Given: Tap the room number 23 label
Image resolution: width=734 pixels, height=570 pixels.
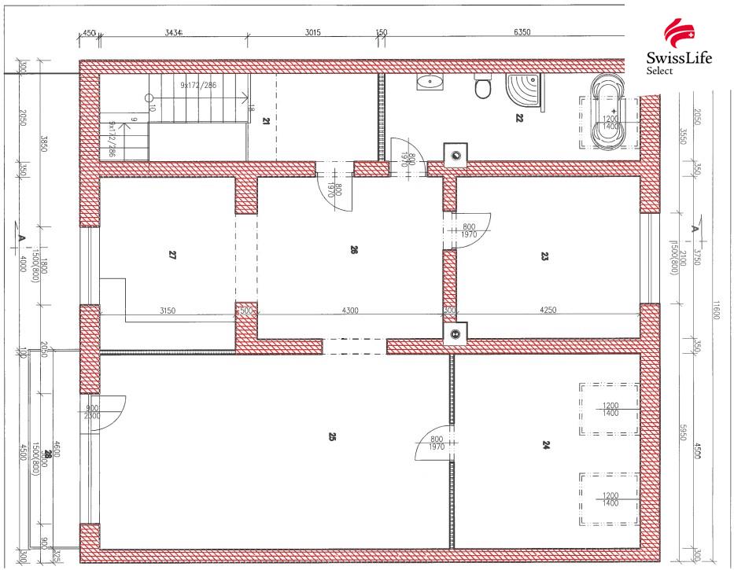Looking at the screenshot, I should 544,256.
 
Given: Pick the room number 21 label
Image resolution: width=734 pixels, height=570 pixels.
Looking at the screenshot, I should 266,120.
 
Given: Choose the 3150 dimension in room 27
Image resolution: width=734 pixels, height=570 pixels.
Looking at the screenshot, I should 167,311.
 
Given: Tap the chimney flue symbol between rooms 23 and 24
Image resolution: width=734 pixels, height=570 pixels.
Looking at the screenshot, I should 456,334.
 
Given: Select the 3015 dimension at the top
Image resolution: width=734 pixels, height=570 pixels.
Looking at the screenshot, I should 312,33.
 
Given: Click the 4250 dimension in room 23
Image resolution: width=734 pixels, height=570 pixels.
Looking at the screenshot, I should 548,311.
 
